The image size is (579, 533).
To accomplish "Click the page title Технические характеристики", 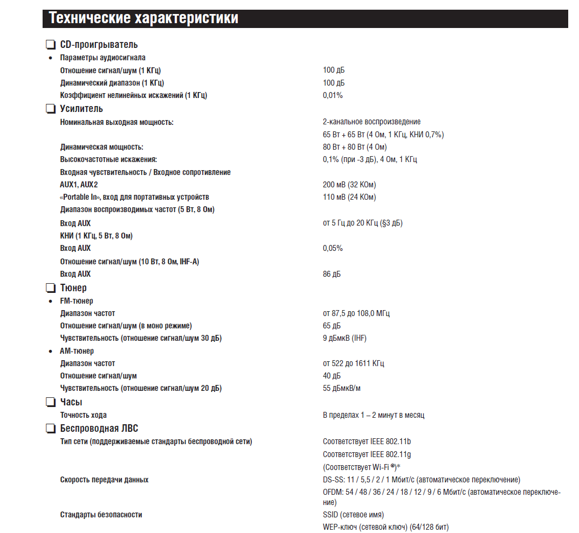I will pyautogui.click(x=144, y=18).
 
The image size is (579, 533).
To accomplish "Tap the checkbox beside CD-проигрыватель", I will pyautogui.click(x=51, y=45).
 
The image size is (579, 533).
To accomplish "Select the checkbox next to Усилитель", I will pyautogui.click(x=51, y=109).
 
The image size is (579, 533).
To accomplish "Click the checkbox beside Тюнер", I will pyautogui.click(x=51, y=288).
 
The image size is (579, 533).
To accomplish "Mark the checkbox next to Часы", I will pyautogui.click(x=51, y=402).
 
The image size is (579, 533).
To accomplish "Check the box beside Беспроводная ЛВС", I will pyautogui.click(x=51, y=429).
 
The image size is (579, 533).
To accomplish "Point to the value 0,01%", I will pyautogui.click(x=333, y=95).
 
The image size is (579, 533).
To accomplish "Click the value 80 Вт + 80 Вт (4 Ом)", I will pyautogui.click(x=355, y=147).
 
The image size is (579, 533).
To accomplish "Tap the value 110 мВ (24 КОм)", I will pyautogui.click(x=349, y=197).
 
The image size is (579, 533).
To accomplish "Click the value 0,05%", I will pyautogui.click(x=333, y=248).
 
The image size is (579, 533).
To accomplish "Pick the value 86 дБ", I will pyautogui.click(x=332, y=274).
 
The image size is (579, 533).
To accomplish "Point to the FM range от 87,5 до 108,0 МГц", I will pyautogui.click(x=356, y=313).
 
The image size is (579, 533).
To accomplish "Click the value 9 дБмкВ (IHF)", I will pyautogui.click(x=344, y=338).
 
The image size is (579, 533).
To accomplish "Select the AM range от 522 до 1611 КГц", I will pyautogui.click(x=353, y=363).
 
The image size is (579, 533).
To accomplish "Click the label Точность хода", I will pyautogui.click(x=84, y=415).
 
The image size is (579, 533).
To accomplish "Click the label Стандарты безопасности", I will pyautogui.click(x=101, y=515).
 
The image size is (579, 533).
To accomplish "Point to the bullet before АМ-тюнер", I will pyautogui.click(x=51, y=352).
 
